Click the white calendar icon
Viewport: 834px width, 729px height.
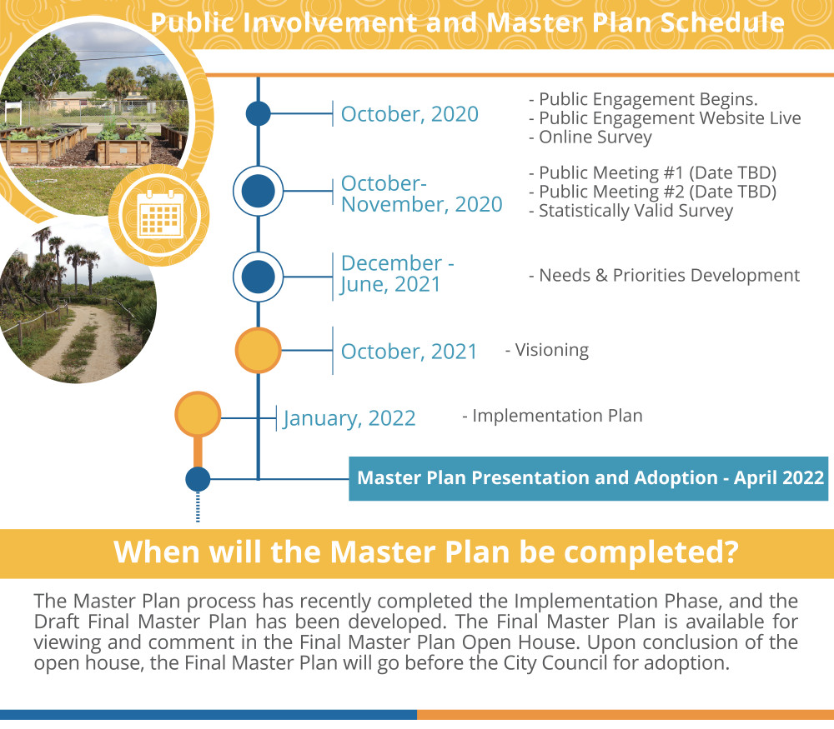coord(160,214)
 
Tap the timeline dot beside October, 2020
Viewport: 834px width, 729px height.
coord(258,113)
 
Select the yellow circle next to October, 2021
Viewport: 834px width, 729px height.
coord(258,350)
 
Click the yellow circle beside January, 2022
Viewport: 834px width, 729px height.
coord(198,414)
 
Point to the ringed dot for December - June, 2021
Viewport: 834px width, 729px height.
coord(258,277)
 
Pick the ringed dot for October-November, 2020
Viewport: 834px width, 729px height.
coord(258,191)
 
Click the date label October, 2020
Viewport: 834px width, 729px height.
coord(409,114)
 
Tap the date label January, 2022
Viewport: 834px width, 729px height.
coord(349,419)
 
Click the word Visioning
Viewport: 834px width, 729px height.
coord(551,350)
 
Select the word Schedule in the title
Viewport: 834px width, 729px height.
coord(722,22)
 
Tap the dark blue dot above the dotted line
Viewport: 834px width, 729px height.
coord(198,479)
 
